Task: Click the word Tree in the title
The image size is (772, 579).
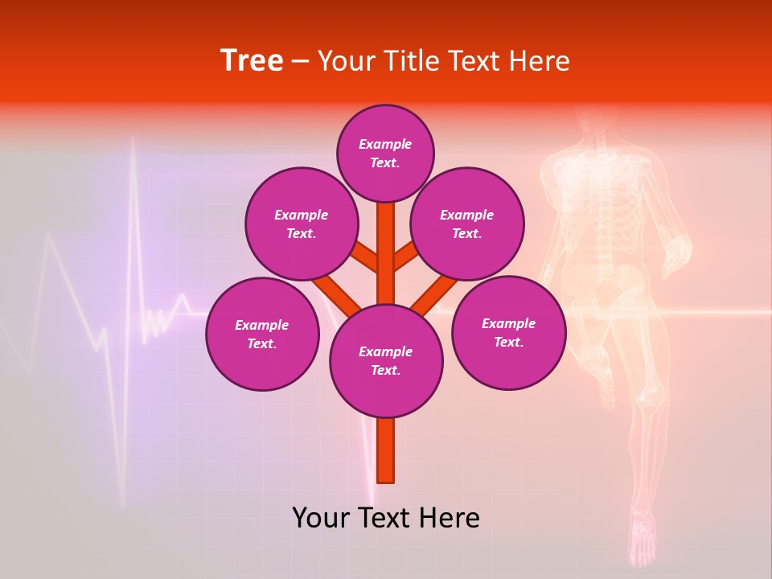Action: [252, 61]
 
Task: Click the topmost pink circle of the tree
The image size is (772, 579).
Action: [385, 153]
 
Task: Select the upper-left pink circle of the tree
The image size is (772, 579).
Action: [302, 224]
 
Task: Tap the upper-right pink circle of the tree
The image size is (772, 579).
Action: [467, 224]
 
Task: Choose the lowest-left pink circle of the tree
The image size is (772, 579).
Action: [262, 334]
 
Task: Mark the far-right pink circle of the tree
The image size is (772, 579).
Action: [508, 332]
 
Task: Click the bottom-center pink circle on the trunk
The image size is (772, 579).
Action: [386, 360]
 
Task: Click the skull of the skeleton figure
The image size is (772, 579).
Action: [593, 121]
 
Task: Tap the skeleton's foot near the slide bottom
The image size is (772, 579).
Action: [643, 547]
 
